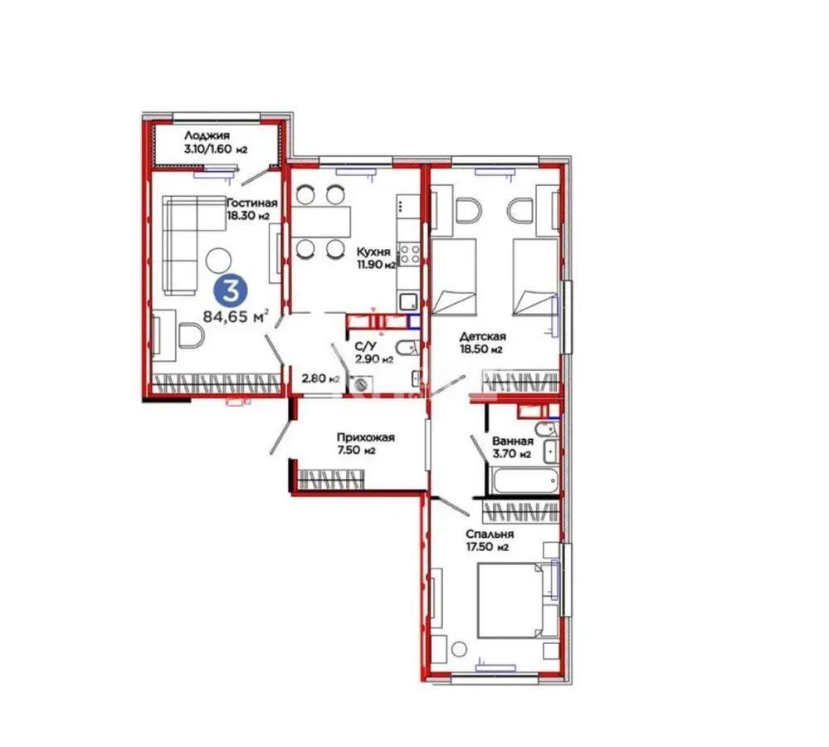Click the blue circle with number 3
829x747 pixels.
pos(230,290)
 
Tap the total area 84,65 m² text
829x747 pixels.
pos(237,316)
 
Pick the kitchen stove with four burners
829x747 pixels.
pos(407,252)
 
